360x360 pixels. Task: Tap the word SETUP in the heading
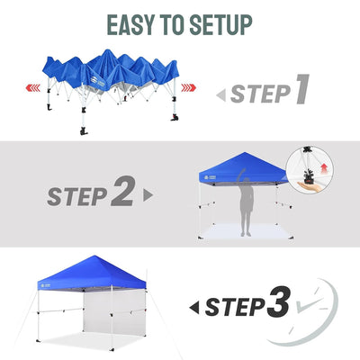pyautogui.click(x=221, y=24)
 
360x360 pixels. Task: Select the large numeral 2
pyautogui.click(x=122, y=191)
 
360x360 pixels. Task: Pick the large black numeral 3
pyautogui.click(x=278, y=302)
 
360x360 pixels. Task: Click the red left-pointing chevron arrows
pyautogui.click(x=33, y=88)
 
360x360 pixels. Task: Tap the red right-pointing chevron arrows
pyautogui.click(x=189, y=88)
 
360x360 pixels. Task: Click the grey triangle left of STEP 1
pyautogui.click(x=221, y=95)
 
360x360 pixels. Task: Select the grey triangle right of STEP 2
pyautogui.click(x=148, y=195)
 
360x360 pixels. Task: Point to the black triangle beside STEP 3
pyautogui.click(x=194, y=308)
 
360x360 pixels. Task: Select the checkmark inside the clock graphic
pyautogui.click(x=308, y=303)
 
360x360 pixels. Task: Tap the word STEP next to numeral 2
pyautogui.click(x=77, y=196)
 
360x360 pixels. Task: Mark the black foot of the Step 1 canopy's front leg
pyautogui.click(x=83, y=131)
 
